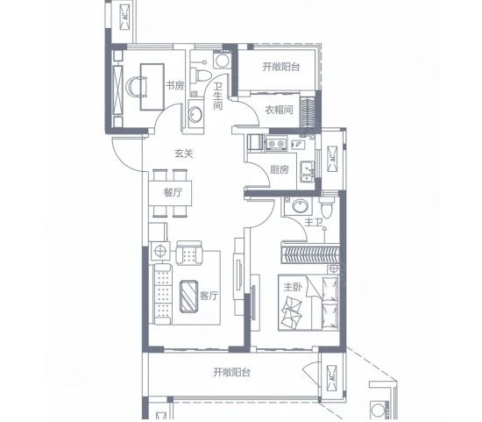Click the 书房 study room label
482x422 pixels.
coord(175,85)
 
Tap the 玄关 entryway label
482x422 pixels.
coord(184,154)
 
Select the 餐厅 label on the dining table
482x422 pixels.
coord(173,193)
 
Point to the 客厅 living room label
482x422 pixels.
coord(209,296)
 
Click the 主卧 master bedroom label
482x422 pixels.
coord(293,287)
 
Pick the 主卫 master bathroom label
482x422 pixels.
coord(314,222)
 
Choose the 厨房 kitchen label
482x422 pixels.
coord(280,169)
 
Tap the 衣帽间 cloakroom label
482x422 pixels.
coord(279,110)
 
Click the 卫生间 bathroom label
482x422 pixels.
coord(218,96)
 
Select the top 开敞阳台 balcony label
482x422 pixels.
coord(281,67)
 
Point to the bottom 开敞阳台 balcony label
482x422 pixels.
coord(232,373)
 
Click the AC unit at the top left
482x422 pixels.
coord(125,17)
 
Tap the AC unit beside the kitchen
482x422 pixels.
coord(332,159)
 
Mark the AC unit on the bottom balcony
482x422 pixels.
coord(332,377)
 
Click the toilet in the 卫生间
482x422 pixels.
coord(201,75)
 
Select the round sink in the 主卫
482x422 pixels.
coord(300,205)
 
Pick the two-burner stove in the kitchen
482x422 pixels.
coord(276,143)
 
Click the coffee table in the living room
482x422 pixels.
coord(188,296)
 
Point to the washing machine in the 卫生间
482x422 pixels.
coord(223,60)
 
